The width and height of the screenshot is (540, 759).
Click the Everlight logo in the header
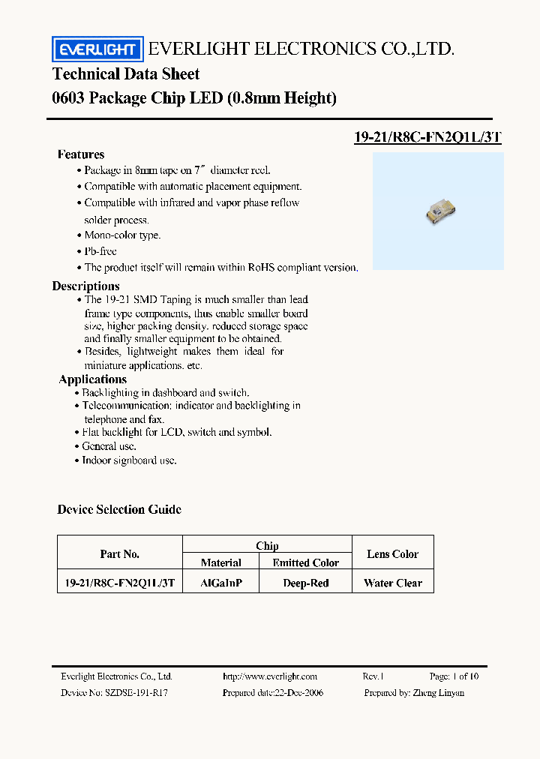(x=97, y=49)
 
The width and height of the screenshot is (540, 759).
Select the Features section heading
(x=81, y=154)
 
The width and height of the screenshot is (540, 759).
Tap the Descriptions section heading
(x=85, y=286)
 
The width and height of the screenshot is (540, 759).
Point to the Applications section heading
(x=92, y=379)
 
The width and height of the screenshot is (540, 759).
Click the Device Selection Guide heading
(x=119, y=510)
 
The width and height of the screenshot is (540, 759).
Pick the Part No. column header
(x=120, y=554)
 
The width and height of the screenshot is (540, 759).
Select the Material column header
(x=221, y=562)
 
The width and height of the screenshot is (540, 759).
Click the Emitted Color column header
(x=305, y=562)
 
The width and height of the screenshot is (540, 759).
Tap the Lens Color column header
(x=393, y=554)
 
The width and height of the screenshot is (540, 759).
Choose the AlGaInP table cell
(x=221, y=583)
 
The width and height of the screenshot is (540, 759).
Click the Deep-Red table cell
(x=305, y=583)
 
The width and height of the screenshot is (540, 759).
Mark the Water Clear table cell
(x=393, y=583)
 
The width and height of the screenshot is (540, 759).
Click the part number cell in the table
(x=120, y=583)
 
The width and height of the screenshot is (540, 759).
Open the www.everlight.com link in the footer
(x=270, y=676)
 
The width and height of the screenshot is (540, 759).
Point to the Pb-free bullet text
(x=100, y=251)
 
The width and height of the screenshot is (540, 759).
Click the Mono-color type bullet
(x=122, y=235)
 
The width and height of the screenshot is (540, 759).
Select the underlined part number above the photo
(x=427, y=137)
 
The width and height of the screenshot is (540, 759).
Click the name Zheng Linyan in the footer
(x=437, y=693)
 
